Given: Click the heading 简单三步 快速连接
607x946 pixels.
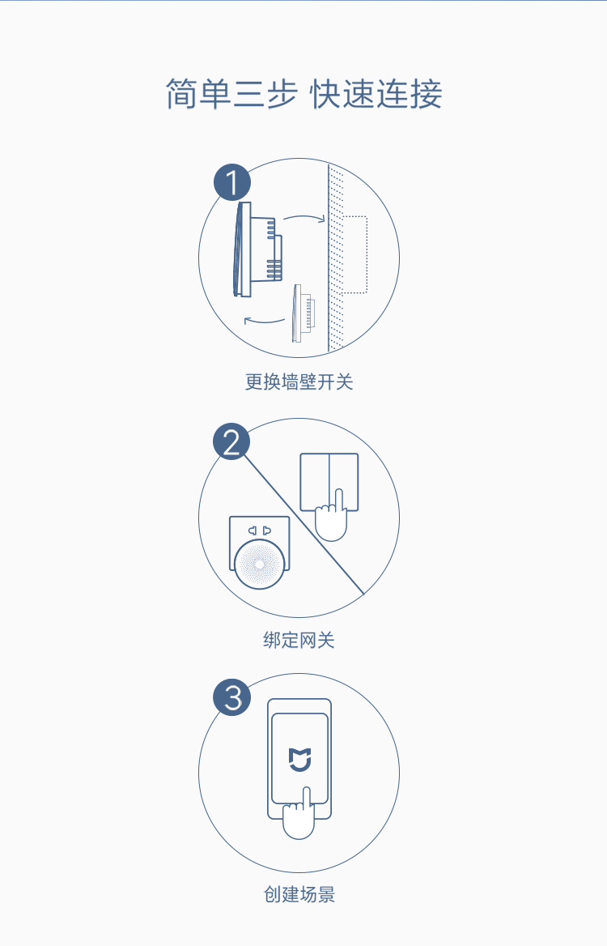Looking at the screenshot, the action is pyautogui.click(x=303, y=94).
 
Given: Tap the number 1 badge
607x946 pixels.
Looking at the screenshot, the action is pyautogui.click(x=232, y=182).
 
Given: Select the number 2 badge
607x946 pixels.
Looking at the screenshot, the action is pyautogui.click(x=232, y=441).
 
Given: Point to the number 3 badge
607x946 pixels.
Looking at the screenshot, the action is pyautogui.click(x=232, y=697).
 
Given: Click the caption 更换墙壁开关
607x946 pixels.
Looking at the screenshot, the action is pyautogui.click(x=299, y=382).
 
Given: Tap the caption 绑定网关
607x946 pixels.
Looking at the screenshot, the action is pyautogui.click(x=299, y=640).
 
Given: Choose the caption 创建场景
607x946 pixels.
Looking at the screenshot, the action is pyautogui.click(x=299, y=894).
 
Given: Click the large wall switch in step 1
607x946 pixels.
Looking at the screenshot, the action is pyautogui.click(x=257, y=249).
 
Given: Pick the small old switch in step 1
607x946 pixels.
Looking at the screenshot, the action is pyautogui.click(x=303, y=313).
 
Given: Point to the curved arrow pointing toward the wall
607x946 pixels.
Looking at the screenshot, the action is pyautogui.click(x=304, y=216).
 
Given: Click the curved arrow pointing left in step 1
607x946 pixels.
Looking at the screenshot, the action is pyautogui.click(x=264, y=321).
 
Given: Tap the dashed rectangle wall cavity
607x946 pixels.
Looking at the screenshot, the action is pyautogui.click(x=354, y=254).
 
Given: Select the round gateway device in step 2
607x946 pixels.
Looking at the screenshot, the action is pyautogui.click(x=259, y=564).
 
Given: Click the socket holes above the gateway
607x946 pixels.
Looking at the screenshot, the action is pyautogui.click(x=260, y=531).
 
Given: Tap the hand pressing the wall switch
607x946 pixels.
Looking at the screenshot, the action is pyautogui.click(x=331, y=516).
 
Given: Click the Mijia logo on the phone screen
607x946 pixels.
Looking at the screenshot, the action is pyautogui.click(x=299, y=760).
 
